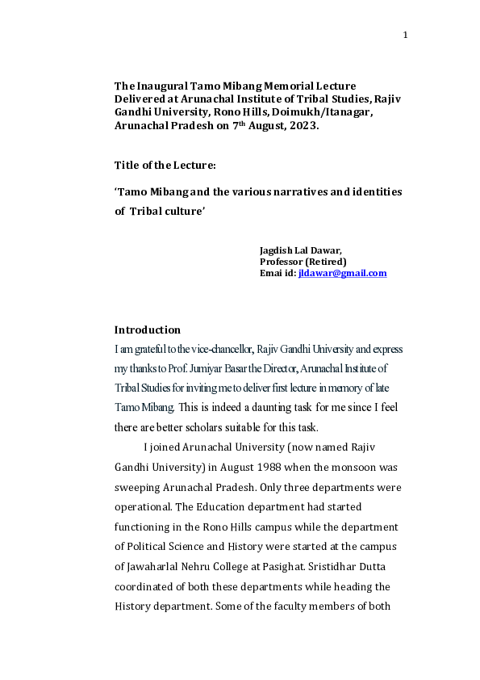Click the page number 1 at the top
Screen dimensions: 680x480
tap(406, 34)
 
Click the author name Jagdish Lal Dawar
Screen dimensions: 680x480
tap(300, 250)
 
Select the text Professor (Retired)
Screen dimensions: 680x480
tap(303, 262)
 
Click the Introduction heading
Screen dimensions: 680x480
tap(148, 330)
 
